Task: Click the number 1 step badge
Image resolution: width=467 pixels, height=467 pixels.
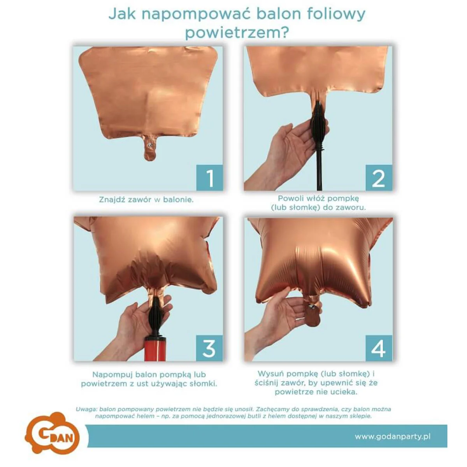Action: click(x=209, y=177)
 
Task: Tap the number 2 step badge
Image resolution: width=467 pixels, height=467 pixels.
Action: click(x=379, y=177)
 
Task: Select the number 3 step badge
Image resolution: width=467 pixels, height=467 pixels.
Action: click(x=209, y=348)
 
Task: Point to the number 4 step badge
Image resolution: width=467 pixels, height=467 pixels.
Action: click(x=379, y=348)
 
